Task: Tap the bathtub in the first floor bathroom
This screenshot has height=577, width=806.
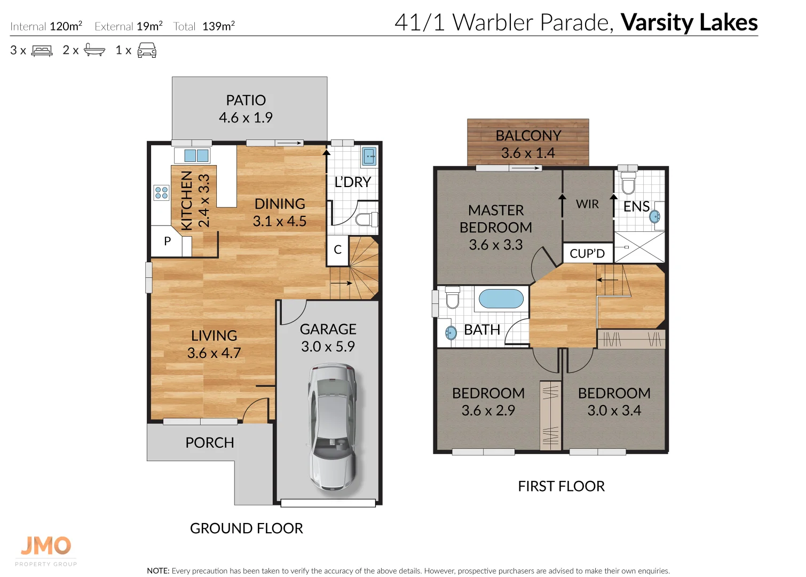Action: click(x=501, y=299)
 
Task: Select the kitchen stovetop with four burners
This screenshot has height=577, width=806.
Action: click(x=161, y=193)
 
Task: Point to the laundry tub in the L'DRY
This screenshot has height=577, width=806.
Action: click(x=369, y=157)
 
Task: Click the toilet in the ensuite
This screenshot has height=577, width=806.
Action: click(x=628, y=183)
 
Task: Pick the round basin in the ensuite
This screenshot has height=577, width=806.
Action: click(x=655, y=216)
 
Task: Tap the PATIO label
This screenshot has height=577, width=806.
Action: click(x=246, y=100)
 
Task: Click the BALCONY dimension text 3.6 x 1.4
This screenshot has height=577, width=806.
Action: click(x=527, y=153)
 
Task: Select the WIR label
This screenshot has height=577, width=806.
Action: click(x=587, y=204)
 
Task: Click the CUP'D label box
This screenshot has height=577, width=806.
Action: click(x=587, y=254)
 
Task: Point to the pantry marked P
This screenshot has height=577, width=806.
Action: click(x=168, y=241)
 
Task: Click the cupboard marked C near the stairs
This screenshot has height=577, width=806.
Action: click(x=337, y=250)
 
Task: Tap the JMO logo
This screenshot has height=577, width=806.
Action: click(x=46, y=546)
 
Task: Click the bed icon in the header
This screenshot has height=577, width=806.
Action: click(x=42, y=51)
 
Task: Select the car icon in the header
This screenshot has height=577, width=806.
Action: click(x=147, y=51)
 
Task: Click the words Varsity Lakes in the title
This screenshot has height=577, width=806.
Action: click(x=689, y=22)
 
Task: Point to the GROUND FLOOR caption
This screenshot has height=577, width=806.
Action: click(x=246, y=528)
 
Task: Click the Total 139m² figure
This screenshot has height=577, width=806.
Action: click(x=204, y=26)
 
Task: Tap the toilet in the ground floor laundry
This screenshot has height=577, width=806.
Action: click(x=365, y=219)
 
